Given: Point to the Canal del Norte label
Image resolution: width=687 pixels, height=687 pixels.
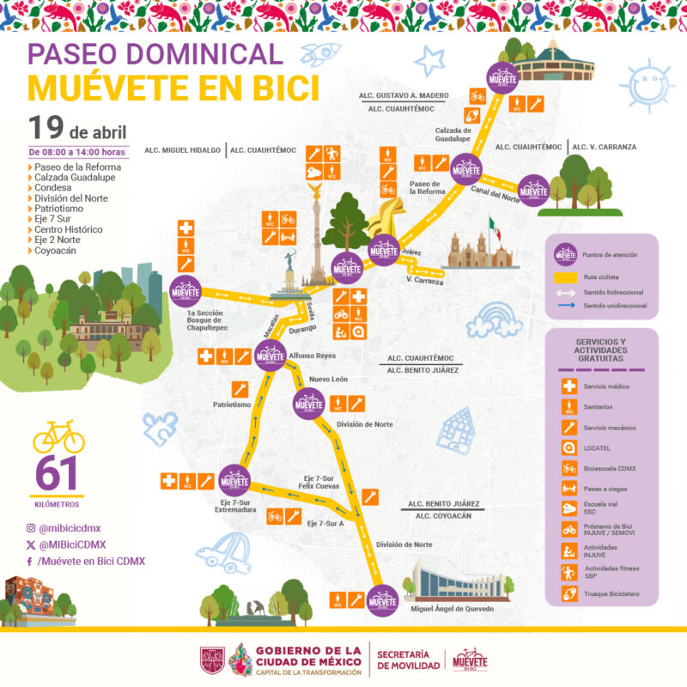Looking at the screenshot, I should click(492, 194).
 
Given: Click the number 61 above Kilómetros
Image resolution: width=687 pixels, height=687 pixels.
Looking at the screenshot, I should click(56, 474).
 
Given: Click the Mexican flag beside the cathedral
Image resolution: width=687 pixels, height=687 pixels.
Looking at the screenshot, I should click(494, 229).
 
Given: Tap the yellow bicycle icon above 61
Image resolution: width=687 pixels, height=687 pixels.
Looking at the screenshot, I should click(58, 436).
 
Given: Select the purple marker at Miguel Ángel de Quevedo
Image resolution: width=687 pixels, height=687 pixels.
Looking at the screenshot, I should click(382, 600).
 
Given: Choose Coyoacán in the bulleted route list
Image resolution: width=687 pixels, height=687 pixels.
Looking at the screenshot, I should click(58, 252).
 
